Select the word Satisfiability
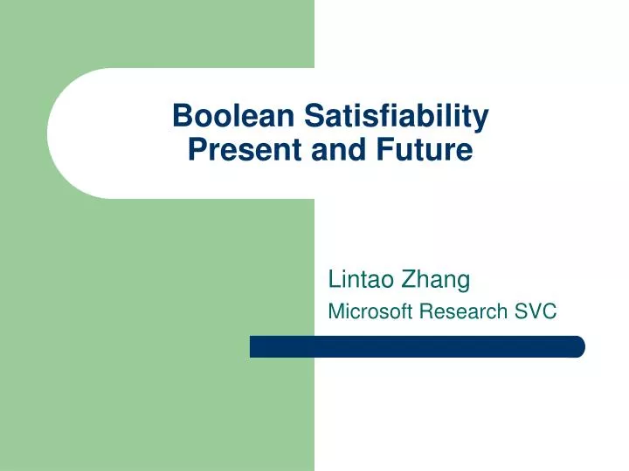(396, 116)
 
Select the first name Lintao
(360, 279)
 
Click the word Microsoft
(370, 311)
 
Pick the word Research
(464, 311)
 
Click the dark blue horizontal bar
(417, 346)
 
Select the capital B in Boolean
(181, 116)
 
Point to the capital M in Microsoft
(335, 311)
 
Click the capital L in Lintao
(333, 279)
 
